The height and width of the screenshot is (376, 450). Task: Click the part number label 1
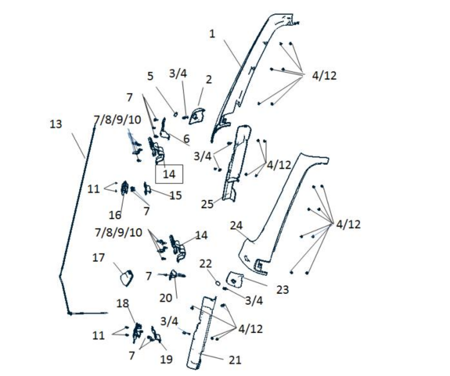[212, 34]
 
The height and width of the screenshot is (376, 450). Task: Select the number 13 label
[56, 124]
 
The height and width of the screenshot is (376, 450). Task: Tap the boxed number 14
[169, 174]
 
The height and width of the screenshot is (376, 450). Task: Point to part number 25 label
[207, 204]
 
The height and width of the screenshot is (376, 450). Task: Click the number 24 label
[236, 226]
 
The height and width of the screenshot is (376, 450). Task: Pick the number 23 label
[282, 290]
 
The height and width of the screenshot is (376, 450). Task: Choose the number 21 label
[235, 360]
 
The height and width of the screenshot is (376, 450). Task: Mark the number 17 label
[98, 258]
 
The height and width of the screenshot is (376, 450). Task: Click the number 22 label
[206, 264]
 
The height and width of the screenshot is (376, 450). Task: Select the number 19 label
[166, 359]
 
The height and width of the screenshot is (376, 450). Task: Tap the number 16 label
[115, 215]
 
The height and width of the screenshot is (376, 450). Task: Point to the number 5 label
[150, 76]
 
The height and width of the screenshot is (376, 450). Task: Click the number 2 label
[209, 79]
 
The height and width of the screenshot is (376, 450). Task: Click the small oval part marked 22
[218, 283]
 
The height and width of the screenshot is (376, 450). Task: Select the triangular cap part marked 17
[127, 278]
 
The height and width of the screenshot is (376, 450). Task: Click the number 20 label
[166, 298]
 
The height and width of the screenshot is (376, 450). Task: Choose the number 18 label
[122, 303]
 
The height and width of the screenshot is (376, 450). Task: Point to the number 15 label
[176, 195]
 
